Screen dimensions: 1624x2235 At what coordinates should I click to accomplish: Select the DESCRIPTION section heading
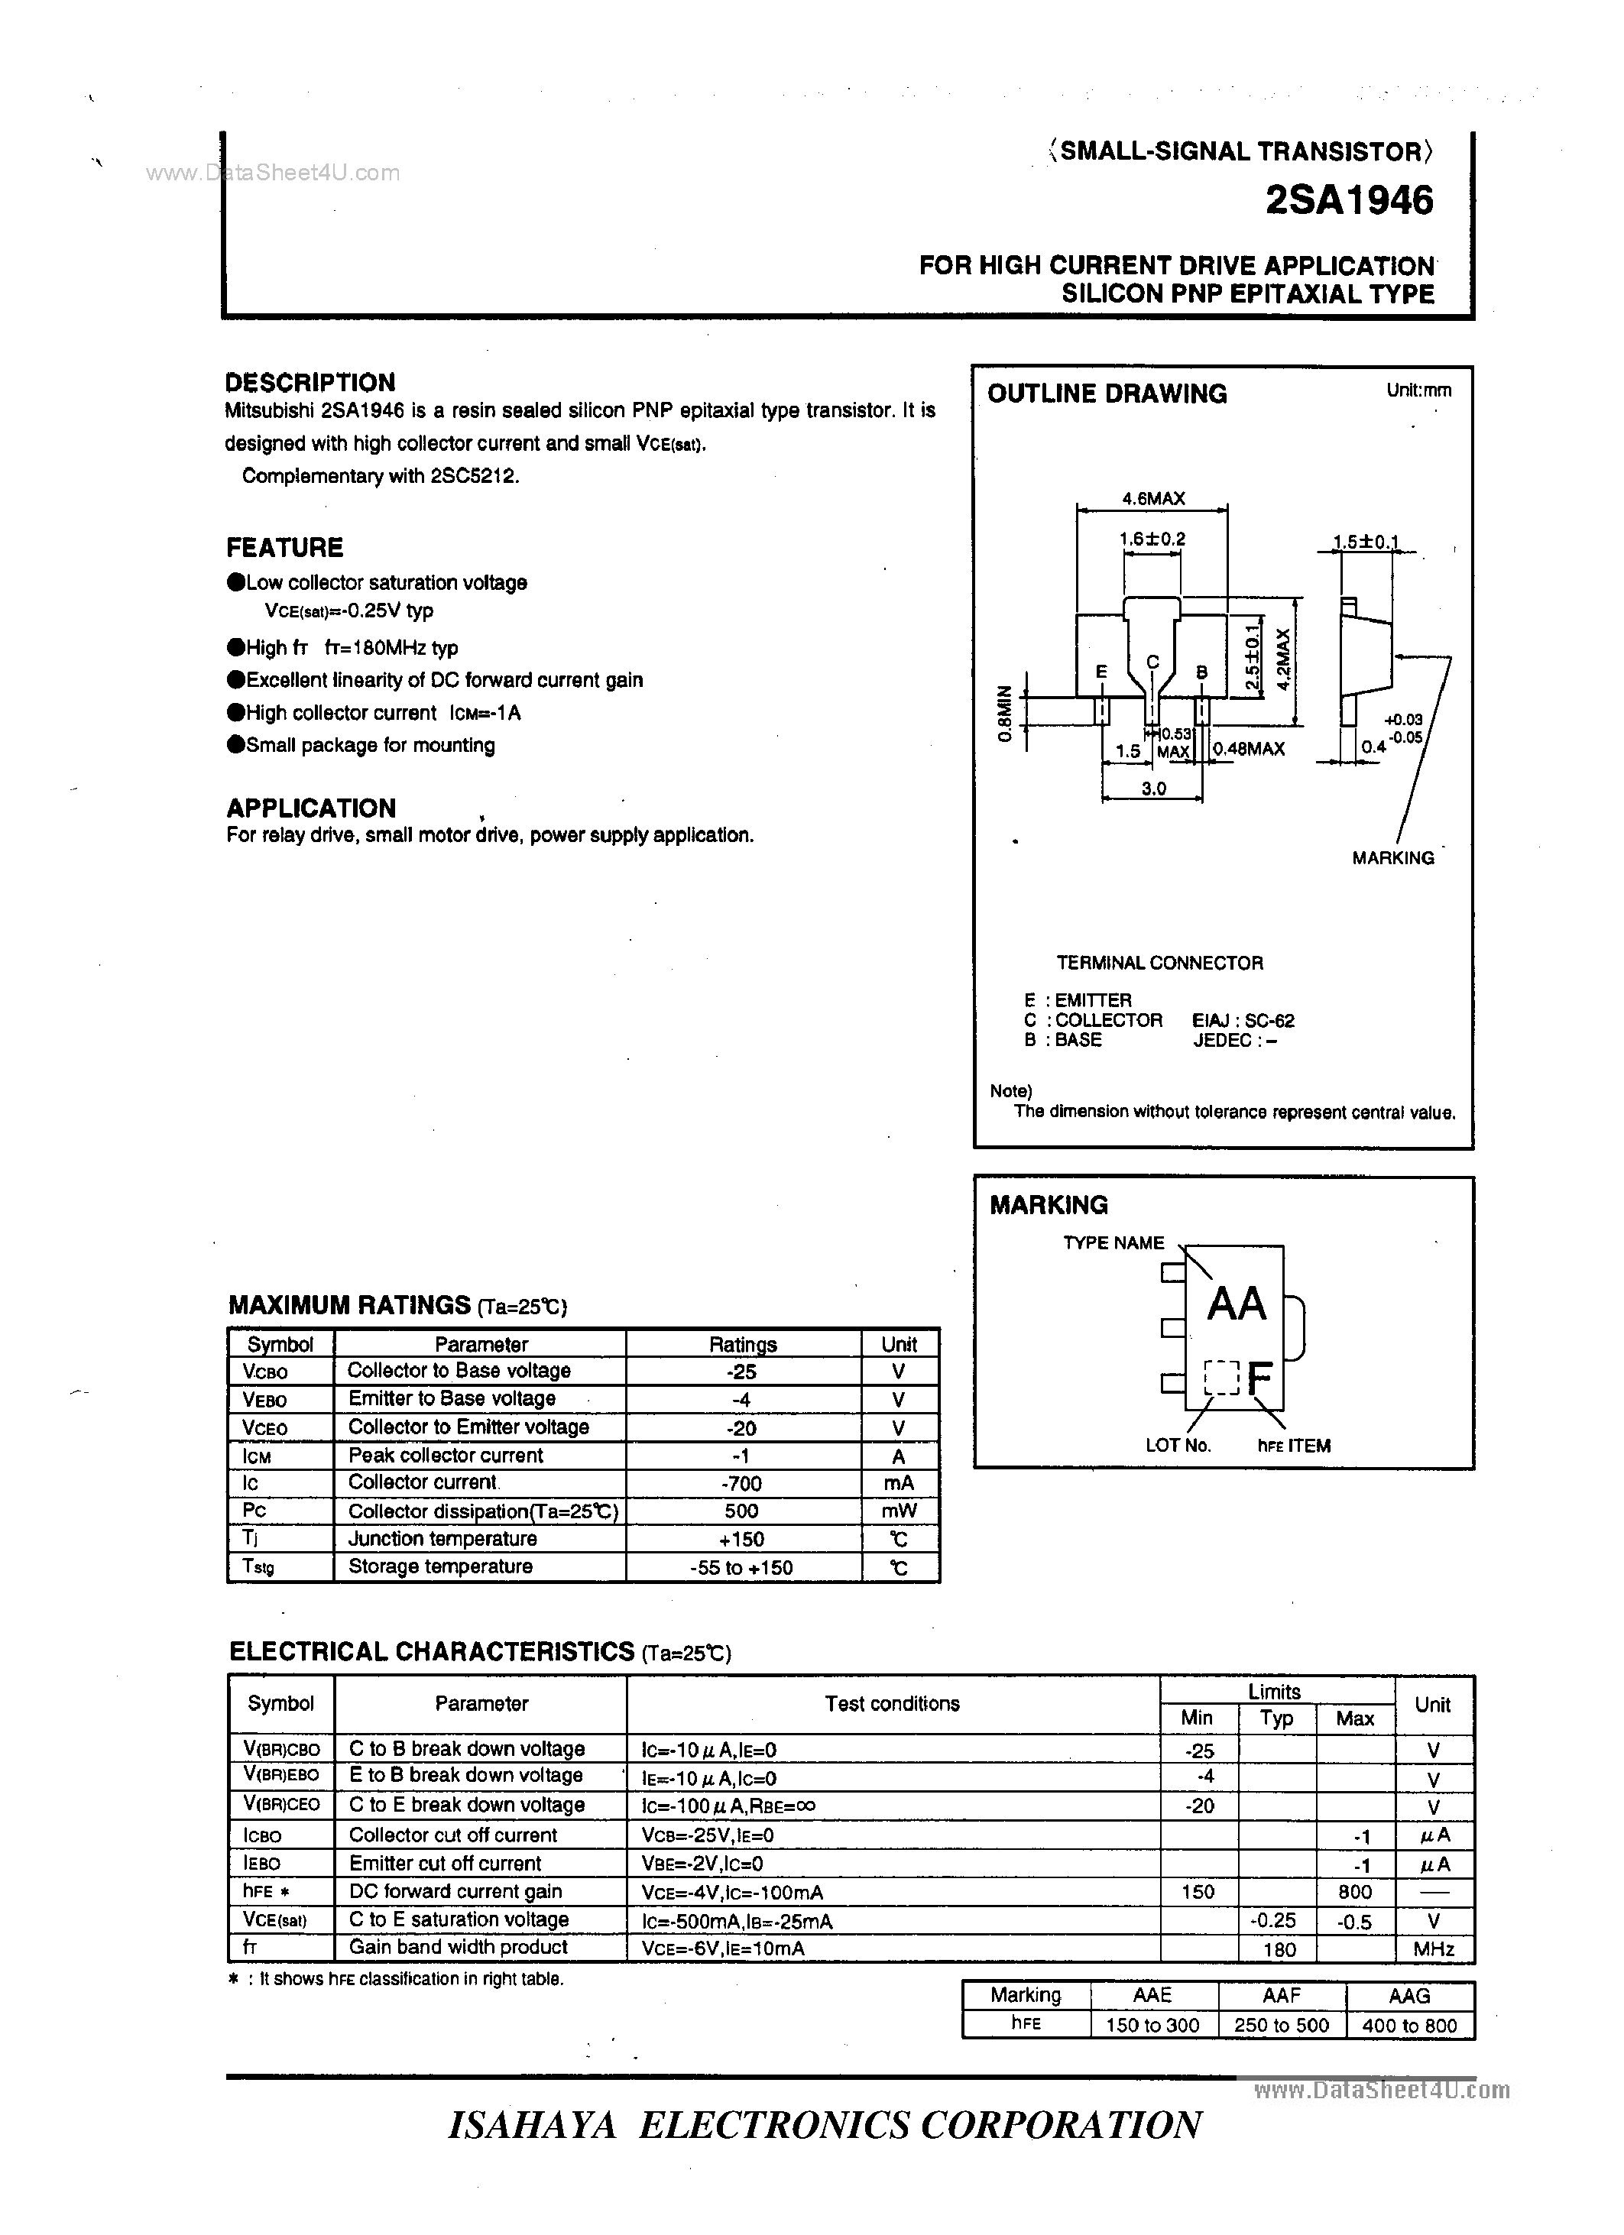click(x=310, y=382)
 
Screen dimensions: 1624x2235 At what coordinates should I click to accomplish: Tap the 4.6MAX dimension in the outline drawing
click(x=1153, y=499)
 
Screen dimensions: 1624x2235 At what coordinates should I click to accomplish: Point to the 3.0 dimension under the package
click(x=1153, y=789)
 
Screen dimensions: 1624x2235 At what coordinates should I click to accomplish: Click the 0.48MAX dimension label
click(x=1249, y=749)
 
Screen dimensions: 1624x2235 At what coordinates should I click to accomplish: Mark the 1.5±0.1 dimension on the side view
click(x=1366, y=541)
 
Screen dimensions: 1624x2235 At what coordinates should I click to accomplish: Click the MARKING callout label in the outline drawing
click(x=1392, y=858)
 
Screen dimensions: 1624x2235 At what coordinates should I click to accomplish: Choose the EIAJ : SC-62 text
click(x=1243, y=1021)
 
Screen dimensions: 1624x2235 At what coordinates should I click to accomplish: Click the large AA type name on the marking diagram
click(x=1236, y=1305)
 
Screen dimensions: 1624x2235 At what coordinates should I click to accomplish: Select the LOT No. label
click(x=1178, y=1446)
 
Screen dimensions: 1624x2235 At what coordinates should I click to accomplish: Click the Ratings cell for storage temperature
click(x=741, y=1568)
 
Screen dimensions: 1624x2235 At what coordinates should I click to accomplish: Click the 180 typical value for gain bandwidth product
click(x=1278, y=1949)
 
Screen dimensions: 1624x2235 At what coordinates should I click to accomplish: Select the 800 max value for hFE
click(x=1355, y=1892)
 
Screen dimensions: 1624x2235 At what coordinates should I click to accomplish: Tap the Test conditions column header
click(x=892, y=1704)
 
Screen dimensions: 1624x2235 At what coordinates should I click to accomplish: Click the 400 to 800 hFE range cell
click(x=1409, y=2025)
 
